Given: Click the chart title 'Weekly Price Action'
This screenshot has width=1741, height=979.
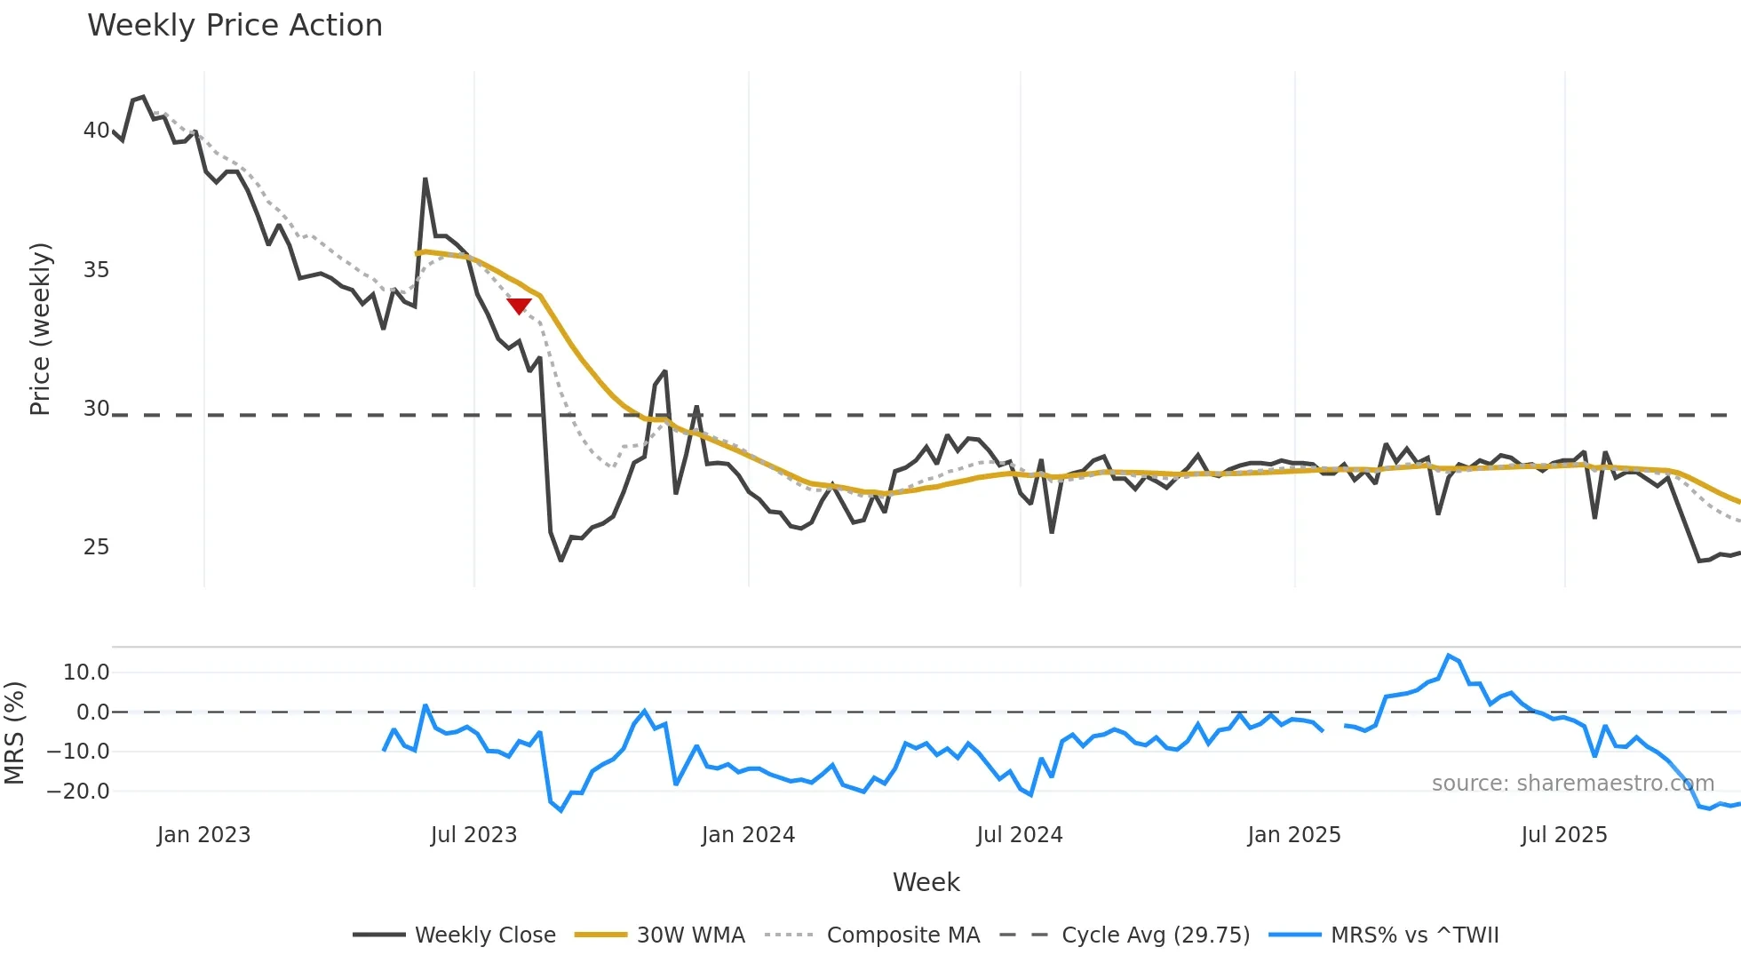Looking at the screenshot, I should [235, 26].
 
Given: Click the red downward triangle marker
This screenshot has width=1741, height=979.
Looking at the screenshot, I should [519, 306].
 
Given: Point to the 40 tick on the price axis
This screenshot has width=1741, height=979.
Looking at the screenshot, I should [96, 131].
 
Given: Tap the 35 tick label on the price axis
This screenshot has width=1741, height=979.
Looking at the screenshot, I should [96, 270].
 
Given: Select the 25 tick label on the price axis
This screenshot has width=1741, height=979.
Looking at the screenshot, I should [96, 547].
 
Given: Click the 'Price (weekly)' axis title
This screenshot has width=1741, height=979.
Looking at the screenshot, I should [41, 329].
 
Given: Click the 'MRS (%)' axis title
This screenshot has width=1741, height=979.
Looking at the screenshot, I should [15, 733].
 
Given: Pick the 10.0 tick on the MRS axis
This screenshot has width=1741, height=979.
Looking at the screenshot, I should [86, 673].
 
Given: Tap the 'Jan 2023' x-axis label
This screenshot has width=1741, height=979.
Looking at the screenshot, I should [203, 835].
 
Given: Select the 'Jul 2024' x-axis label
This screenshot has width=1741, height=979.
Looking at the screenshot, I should [1019, 835].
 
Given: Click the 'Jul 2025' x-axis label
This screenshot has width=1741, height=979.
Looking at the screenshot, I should [1564, 835].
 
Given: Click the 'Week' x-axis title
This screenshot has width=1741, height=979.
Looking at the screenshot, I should [926, 882].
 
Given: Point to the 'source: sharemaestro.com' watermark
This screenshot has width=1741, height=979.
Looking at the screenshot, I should [1572, 784].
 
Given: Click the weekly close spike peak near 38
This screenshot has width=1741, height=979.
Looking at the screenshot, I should [425, 179].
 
